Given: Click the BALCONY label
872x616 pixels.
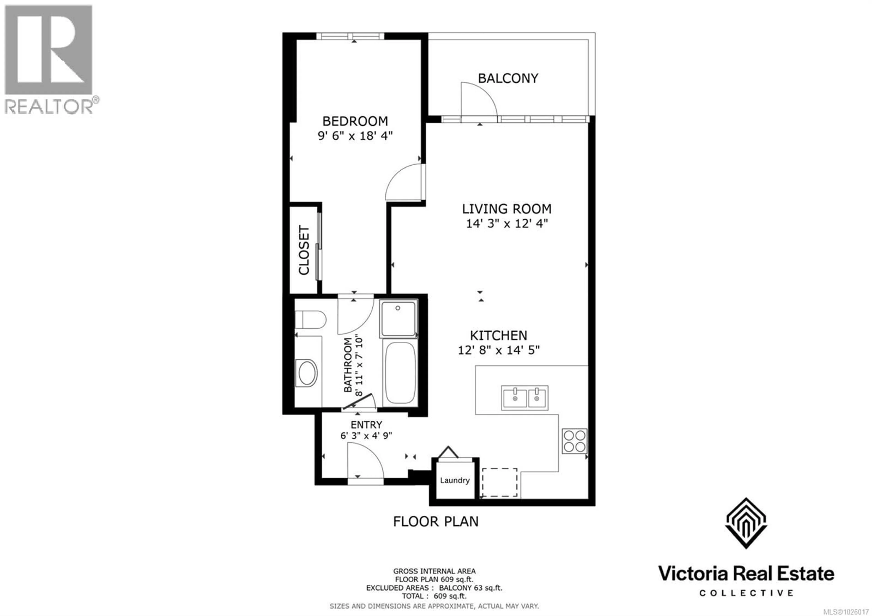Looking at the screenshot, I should point(508,78).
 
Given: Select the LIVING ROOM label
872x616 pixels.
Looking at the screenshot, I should point(507,209).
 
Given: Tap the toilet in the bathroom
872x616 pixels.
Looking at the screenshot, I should point(310,319).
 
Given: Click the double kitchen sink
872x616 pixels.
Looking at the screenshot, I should point(525,398).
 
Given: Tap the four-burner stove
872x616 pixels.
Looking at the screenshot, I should point(574,441).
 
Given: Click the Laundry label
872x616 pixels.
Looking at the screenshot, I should point(455,480).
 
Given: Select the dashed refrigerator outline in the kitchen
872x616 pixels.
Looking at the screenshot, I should point(499,482).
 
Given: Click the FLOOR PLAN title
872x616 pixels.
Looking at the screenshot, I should point(436,522).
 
